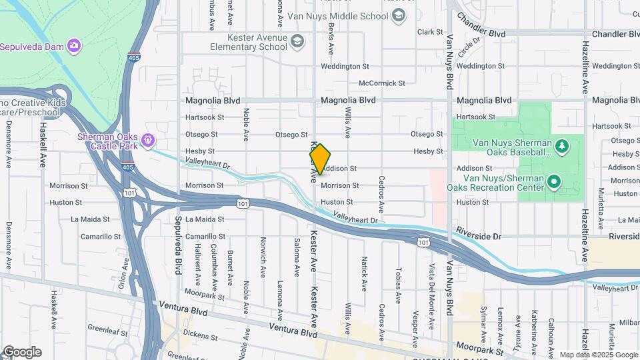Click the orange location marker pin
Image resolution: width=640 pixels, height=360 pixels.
320,159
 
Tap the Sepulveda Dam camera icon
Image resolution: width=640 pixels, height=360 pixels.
74,46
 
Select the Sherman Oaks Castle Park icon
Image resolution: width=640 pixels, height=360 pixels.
148,141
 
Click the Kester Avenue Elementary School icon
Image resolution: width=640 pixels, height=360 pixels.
297,42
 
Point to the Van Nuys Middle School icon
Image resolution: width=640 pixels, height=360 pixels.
399,16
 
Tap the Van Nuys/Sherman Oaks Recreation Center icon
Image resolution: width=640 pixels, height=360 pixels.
553,181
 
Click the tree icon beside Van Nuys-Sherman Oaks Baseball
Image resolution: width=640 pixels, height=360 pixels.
562,145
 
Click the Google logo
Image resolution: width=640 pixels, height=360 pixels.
21,352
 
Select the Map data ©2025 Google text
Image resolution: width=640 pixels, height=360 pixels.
599,355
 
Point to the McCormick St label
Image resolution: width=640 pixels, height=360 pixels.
381,83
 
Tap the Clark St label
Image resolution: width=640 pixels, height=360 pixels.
430,32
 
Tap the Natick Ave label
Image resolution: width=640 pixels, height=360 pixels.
364,273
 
